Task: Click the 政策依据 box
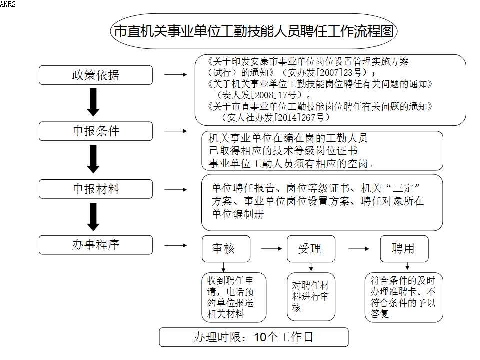tap(96, 75)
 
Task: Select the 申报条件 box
tap(96, 131)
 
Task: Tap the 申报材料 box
tap(96, 189)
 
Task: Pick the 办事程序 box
tap(96, 245)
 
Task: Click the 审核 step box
tap(226, 249)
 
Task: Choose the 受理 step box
tap(311, 249)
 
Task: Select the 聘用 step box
tap(404, 249)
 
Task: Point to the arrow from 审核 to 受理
tap(271, 249)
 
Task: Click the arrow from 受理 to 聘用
tap(359, 249)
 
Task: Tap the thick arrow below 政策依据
tap(93, 102)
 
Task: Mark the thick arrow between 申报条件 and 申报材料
tap(93, 159)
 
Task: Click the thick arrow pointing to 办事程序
tap(93, 217)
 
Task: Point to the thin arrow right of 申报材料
tap(175, 190)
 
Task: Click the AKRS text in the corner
tap(7, 4)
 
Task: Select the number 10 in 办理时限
tap(260, 337)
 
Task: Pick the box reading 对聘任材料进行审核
tap(311, 297)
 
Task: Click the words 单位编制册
tap(238, 214)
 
